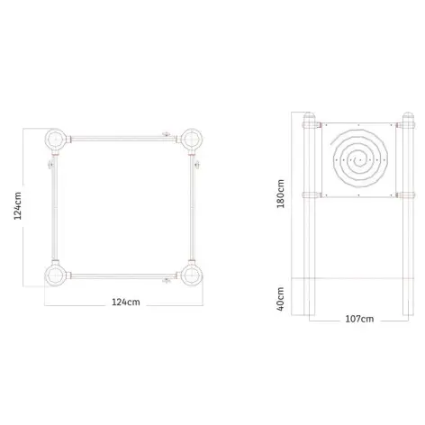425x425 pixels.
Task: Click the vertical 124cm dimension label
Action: (18, 206)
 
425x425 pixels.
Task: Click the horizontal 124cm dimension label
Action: (126, 302)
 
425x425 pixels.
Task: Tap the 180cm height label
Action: (281, 194)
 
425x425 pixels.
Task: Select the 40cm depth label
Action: (281, 299)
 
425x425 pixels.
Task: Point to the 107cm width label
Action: (359, 319)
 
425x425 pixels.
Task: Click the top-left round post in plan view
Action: (56, 140)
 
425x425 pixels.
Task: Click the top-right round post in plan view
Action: (191, 140)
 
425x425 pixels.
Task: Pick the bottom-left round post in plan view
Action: (56, 275)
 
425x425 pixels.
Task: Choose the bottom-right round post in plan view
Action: (191, 275)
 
